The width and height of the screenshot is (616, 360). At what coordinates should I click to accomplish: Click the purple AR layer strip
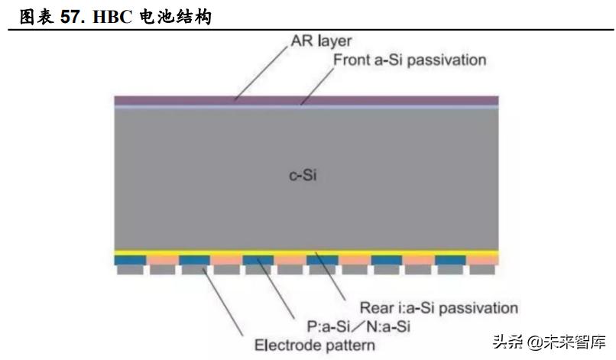pos(306,99)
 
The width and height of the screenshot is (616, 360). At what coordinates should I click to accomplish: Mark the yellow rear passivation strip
pos(306,253)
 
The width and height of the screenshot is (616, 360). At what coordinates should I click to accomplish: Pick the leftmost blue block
pos(125,260)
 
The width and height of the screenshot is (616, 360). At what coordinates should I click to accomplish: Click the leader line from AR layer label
pos(264,73)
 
